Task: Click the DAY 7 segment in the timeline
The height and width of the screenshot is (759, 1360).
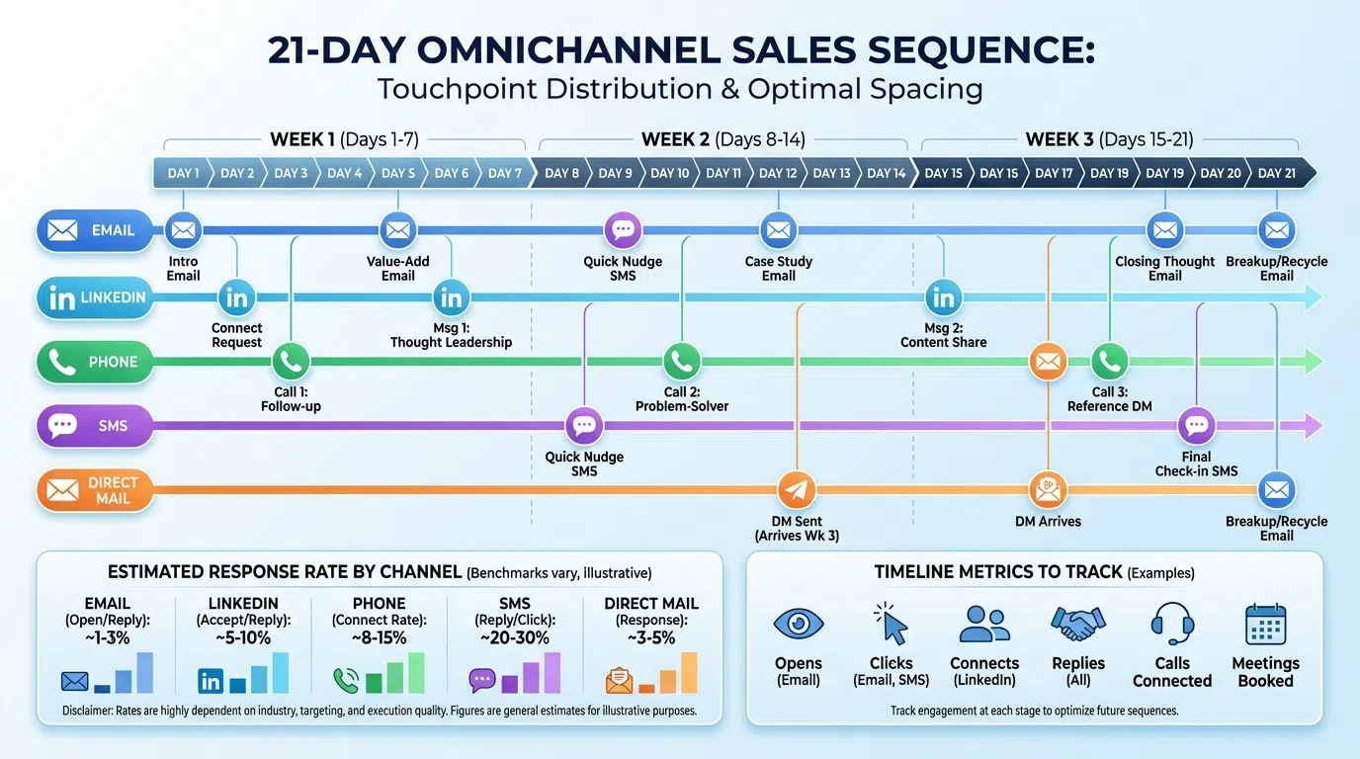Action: click(504, 173)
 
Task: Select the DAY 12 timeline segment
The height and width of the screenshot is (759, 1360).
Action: click(778, 173)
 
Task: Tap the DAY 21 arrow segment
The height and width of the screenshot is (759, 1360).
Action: click(1277, 173)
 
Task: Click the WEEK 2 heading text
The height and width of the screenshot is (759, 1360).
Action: click(675, 139)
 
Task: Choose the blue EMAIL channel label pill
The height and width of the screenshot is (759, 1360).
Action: click(95, 230)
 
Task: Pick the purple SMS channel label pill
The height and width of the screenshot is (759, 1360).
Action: click(95, 426)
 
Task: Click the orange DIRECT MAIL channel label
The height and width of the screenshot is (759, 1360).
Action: click(95, 490)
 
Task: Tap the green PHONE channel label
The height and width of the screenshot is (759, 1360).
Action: click(95, 362)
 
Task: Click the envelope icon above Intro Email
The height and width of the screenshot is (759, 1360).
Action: click(183, 230)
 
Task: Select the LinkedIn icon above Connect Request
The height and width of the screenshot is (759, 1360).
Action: click(236, 296)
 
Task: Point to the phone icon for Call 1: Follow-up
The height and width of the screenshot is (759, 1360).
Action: click(291, 362)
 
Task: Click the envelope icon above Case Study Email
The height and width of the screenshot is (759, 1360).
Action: click(779, 230)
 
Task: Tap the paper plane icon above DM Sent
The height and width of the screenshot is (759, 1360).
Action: click(796, 490)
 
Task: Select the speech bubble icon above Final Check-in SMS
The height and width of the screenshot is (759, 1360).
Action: click(1197, 426)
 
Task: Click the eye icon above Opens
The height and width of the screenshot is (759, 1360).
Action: click(798, 625)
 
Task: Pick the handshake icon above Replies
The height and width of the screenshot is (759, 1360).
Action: click(1077, 624)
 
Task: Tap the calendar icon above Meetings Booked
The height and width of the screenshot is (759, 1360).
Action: click(1265, 624)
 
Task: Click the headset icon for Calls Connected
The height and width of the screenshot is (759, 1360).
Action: click(1172, 624)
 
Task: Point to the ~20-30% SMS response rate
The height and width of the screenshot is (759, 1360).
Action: click(515, 637)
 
